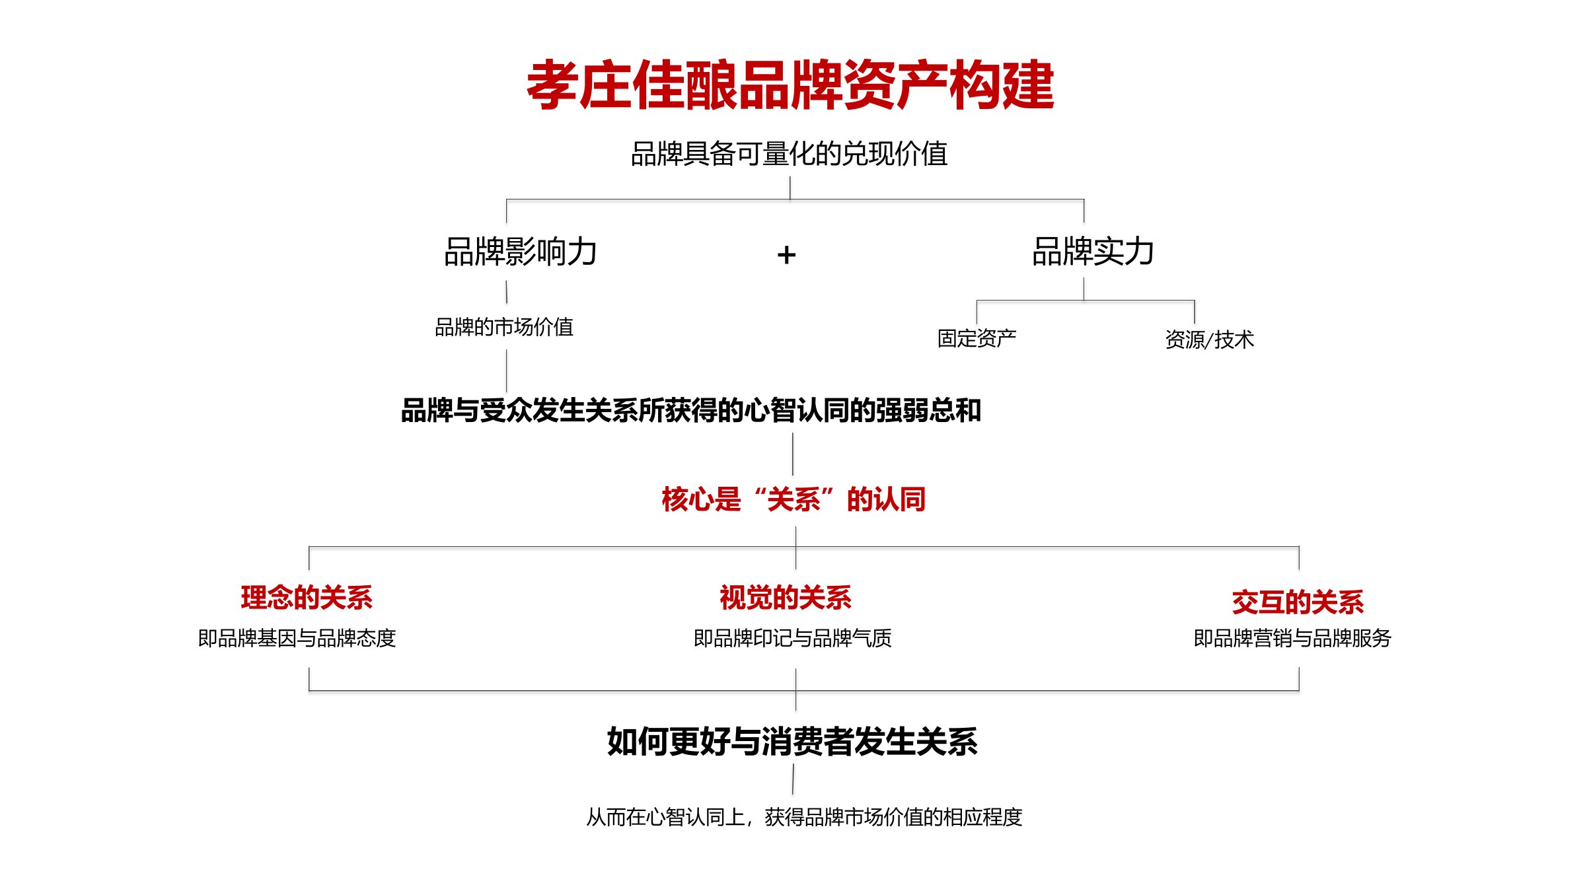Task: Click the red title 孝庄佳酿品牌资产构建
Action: tap(790, 85)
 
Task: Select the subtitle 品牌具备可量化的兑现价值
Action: tap(790, 154)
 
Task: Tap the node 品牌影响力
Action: tap(521, 252)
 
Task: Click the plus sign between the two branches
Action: tap(786, 255)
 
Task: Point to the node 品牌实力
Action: tap(1093, 252)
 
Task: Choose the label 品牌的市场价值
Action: tap(504, 327)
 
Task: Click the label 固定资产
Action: tap(977, 338)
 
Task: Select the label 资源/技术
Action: tap(1209, 339)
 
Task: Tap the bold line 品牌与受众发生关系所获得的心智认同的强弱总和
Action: tap(691, 410)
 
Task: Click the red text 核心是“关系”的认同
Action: tap(793, 499)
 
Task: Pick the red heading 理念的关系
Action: tap(307, 598)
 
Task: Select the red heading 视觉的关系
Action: tap(786, 598)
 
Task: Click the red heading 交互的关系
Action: tap(1298, 602)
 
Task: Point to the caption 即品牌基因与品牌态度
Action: tap(297, 638)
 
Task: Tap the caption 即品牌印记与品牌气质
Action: tap(793, 638)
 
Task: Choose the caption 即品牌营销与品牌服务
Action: tap(1293, 638)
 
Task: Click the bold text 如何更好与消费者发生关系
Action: tap(792, 741)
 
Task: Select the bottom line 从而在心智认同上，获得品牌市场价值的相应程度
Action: tap(805, 818)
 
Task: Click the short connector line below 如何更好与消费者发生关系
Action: tap(793, 779)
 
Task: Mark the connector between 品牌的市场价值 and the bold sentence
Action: tap(507, 371)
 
